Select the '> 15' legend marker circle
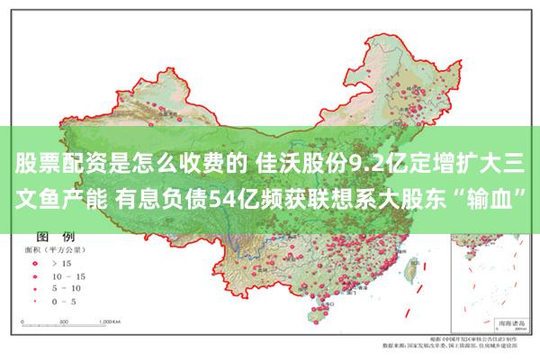tap(37, 263)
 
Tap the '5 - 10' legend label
tap(67, 288)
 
